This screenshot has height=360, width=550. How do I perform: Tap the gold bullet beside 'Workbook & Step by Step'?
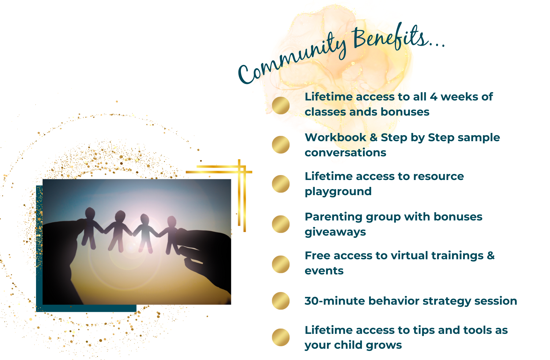tap(281, 145)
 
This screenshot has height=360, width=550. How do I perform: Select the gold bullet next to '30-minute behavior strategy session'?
tap(281, 301)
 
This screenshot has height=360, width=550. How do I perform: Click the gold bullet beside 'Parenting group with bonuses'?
tap(281, 224)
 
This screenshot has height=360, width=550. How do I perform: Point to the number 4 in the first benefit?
tap(433, 97)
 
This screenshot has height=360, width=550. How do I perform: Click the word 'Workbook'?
tap(335, 137)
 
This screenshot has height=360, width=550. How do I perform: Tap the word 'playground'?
tap(338, 192)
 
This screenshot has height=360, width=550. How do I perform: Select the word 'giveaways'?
tap(335, 232)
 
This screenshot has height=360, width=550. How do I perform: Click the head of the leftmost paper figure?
tap(90, 213)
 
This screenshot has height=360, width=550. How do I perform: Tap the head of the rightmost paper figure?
tap(172, 222)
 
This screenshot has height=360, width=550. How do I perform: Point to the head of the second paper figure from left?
tap(120, 216)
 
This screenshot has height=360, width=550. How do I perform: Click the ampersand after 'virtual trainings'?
tap(491, 256)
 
